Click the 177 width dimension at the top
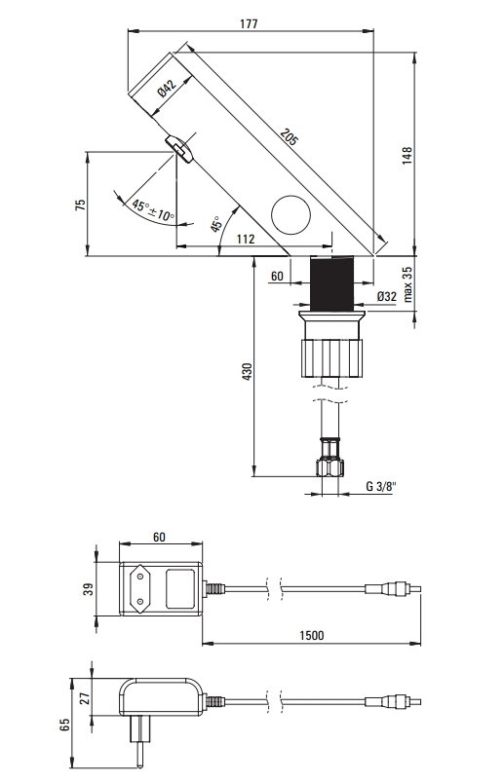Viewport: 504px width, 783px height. (249, 23)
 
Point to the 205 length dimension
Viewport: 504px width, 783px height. (289, 136)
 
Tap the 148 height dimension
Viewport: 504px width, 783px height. (407, 156)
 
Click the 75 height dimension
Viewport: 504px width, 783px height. (81, 205)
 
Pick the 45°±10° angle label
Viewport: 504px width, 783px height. (153, 210)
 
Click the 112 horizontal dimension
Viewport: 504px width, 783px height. (245, 239)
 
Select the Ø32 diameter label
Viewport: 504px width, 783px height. (386, 296)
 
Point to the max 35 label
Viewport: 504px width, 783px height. (407, 283)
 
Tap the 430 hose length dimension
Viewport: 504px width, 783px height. (247, 371)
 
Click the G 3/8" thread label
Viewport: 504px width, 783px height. (381, 486)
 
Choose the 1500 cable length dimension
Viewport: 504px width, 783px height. (312, 635)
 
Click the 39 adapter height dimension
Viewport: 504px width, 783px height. (89, 589)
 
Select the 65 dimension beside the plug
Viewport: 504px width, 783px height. (64, 725)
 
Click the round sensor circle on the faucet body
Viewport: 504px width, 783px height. (291, 214)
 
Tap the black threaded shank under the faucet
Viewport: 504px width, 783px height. (332, 283)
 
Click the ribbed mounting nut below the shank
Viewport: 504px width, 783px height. (332, 357)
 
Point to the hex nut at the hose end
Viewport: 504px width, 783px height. (330, 467)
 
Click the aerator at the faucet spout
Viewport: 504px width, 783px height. (179, 148)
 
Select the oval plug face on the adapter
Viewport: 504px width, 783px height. (138, 588)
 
